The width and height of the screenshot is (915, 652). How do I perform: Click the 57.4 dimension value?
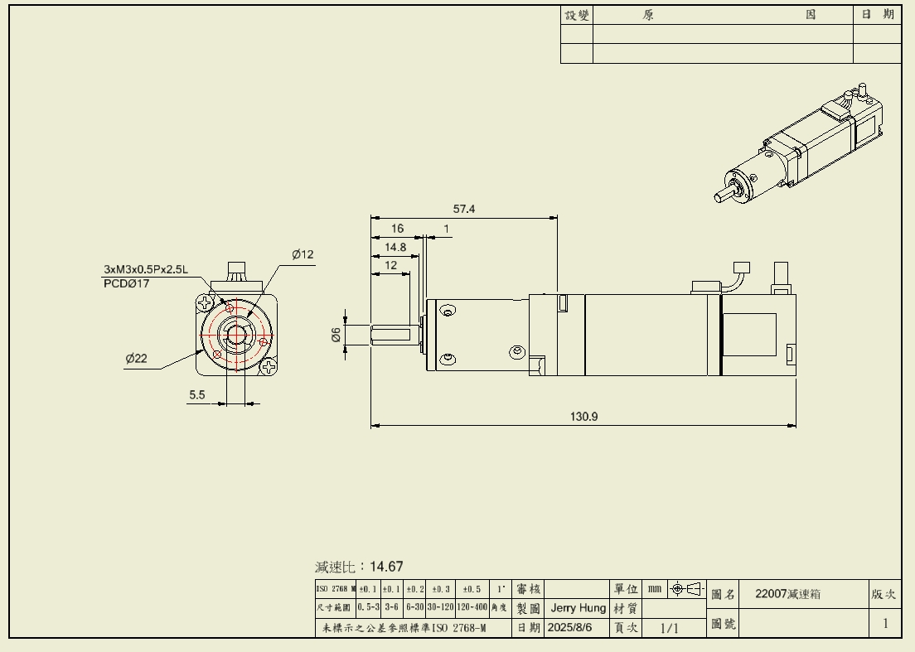pyautogui.click(x=464, y=210)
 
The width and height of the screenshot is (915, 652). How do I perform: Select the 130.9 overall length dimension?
pyautogui.click(x=583, y=417)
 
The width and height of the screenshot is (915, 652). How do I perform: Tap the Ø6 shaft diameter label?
pyautogui.click(x=336, y=335)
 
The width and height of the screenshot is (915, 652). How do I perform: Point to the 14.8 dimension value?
pyautogui.click(x=395, y=247)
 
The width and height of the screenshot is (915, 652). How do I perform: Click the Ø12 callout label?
pyautogui.click(x=303, y=254)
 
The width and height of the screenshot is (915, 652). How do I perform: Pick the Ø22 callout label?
pyautogui.click(x=136, y=359)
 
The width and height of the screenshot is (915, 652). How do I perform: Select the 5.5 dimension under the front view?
pyautogui.click(x=196, y=395)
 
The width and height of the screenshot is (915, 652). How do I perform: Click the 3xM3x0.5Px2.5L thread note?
pyautogui.click(x=146, y=269)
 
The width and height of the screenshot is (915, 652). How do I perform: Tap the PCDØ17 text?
pyautogui.click(x=127, y=283)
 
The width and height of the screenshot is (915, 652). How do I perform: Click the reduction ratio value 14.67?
pyautogui.click(x=386, y=567)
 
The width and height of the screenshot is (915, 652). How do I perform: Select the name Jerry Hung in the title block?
pyautogui.click(x=579, y=608)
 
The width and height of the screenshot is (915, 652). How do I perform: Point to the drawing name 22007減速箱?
pyautogui.click(x=788, y=594)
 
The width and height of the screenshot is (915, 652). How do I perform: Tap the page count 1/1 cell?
pyautogui.click(x=669, y=628)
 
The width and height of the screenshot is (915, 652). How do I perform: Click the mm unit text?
pyautogui.click(x=655, y=589)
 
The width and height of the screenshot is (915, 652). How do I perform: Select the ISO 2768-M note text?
pyautogui.click(x=404, y=628)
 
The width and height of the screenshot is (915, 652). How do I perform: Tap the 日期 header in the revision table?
pyautogui.click(x=877, y=14)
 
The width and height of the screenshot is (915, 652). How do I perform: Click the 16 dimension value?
pyautogui.click(x=398, y=229)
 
